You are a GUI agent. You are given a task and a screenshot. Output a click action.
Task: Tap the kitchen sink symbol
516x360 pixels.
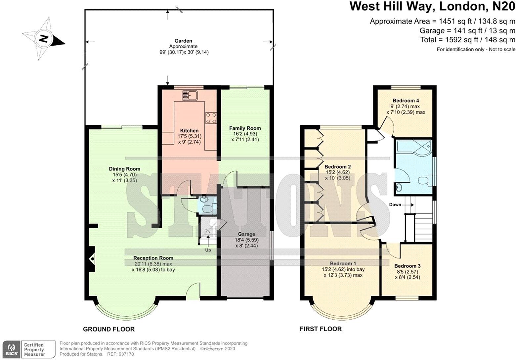[x=189, y=95]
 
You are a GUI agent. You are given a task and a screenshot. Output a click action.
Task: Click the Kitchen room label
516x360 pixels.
[x=189, y=130]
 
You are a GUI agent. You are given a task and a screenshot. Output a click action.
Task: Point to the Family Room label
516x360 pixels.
[x=245, y=128]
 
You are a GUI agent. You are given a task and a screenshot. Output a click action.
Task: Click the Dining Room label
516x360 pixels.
[x=124, y=169]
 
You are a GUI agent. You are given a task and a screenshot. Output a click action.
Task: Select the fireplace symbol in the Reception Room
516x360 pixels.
[x=92, y=259]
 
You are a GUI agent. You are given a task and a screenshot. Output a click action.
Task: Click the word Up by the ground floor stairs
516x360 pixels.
[x=208, y=250]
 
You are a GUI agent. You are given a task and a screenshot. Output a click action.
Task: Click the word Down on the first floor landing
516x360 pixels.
[x=395, y=204]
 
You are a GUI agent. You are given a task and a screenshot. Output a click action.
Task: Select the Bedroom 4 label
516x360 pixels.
[x=406, y=101]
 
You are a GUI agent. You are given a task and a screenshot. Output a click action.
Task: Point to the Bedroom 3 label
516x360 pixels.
[x=407, y=266]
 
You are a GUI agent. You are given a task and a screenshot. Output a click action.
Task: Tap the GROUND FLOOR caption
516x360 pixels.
[x=108, y=329]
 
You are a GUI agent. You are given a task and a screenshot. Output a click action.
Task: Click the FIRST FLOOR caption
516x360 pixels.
[x=321, y=329]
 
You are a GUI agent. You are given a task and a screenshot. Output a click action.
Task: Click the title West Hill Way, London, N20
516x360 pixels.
[x=432, y=6]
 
